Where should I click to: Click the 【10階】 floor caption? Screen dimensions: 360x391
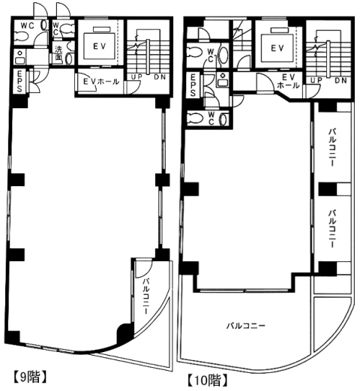[208, 381]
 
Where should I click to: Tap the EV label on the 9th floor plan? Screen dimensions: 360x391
[100, 47]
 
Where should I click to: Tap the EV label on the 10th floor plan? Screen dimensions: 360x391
[277, 48]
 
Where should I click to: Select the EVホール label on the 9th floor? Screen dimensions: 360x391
[101, 82]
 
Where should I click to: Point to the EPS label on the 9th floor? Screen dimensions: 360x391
[19, 81]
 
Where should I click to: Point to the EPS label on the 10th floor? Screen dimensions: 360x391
[193, 85]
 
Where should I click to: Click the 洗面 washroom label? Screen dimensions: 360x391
[58, 53]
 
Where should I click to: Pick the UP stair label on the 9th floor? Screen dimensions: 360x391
[136, 77]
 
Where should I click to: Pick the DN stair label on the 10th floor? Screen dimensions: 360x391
[341, 80]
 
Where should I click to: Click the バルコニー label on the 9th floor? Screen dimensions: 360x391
[146, 296]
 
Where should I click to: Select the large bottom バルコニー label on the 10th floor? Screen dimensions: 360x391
[246, 326]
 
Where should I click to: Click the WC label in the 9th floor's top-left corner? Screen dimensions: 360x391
[28, 26]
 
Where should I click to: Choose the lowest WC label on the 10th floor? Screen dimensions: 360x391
[211, 118]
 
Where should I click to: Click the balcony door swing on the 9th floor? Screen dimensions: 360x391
[143, 269]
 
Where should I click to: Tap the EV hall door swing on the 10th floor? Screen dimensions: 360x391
[265, 82]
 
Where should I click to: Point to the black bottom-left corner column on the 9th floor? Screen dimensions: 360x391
[13, 337]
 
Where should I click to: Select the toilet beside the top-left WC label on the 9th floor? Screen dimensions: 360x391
[21, 37]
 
